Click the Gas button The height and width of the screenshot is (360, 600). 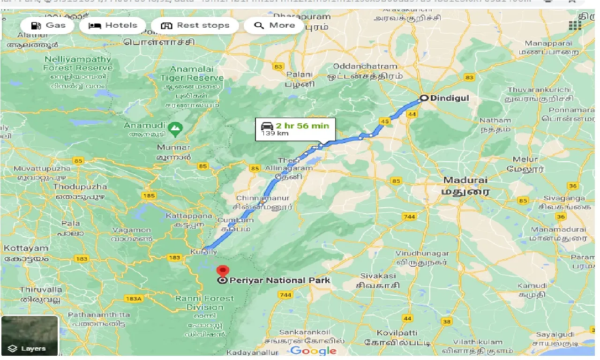click(x=47, y=25)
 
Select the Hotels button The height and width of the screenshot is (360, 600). click(x=112, y=25)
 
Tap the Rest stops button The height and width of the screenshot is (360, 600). click(x=195, y=25)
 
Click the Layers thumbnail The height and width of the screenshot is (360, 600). click(x=30, y=336)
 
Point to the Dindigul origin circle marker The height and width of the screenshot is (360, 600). click(x=424, y=98)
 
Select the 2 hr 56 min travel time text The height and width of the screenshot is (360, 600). click(x=302, y=126)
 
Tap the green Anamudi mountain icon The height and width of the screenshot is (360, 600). click(x=175, y=127)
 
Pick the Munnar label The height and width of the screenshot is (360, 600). click(x=173, y=148)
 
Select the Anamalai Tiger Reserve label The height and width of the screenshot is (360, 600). click(x=191, y=74)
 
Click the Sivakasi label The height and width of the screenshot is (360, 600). click(x=378, y=276)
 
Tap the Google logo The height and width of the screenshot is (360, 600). click(x=313, y=351)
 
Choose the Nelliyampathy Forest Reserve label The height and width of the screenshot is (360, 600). click(x=78, y=64)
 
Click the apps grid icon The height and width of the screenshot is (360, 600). click(x=575, y=25)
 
